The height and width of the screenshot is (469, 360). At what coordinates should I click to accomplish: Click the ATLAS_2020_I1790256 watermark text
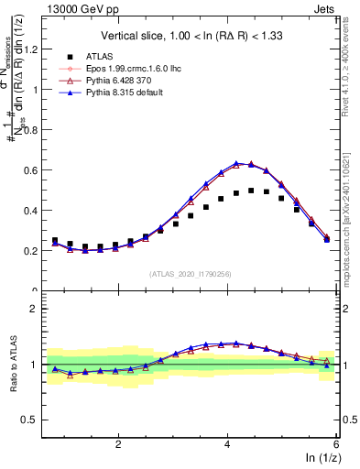click(191, 274)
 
